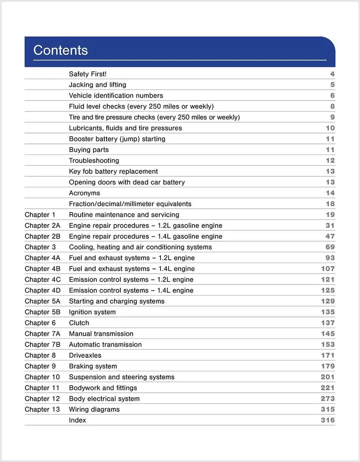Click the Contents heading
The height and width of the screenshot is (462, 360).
(x=61, y=50)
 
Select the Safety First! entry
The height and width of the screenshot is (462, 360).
(x=88, y=74)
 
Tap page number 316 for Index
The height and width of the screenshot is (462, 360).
(x=328, y=420)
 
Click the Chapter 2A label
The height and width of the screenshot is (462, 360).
(x=42, y=226)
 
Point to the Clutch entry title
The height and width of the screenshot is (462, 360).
(x=79, y=323)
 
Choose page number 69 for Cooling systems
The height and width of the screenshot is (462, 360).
(x=330, y=247)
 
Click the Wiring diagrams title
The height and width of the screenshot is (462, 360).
(x=94, y=409)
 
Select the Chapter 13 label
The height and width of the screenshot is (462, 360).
(x=42, y=409)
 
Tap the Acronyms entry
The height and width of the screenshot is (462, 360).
(x=84, y=193)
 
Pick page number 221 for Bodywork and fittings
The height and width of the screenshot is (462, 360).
(x=328, y=388)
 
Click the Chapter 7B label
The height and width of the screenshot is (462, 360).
(x=42, y=344)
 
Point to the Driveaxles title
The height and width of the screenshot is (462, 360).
(x=85, y=355)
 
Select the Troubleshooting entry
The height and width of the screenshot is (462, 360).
(x=94, y=161)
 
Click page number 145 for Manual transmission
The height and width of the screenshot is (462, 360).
(x=328, y=334)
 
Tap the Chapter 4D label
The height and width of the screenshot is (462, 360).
(x=42, y=290)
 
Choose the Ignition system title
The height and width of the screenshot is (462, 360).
(x=92, y=312)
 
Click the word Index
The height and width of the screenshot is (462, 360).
(x=77, y=420)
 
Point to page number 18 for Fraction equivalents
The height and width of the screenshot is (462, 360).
(x=330, y=204)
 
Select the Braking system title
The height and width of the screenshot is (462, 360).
(x=93, y=366)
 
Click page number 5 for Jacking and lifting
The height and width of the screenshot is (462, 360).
(x=332, y=85)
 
